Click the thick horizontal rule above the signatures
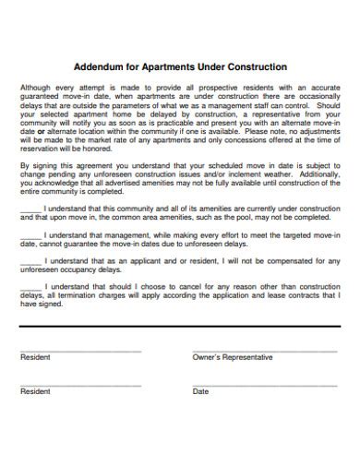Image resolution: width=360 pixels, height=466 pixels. pos(180,326)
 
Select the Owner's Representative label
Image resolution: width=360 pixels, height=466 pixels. pos(232,357)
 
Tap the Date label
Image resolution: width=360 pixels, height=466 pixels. pos(200,391)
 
